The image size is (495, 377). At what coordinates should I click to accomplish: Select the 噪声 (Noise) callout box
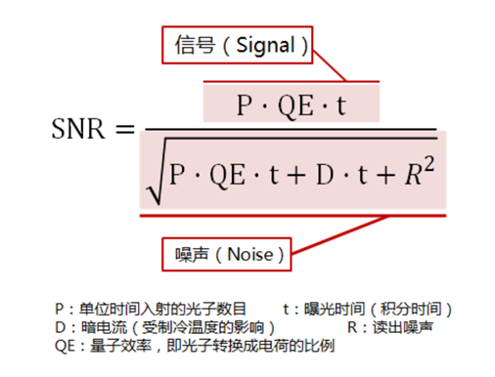point(226,254)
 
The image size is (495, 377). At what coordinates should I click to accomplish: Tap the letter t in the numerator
point(340,105)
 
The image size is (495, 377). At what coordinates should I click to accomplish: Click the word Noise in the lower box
point(253,254)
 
